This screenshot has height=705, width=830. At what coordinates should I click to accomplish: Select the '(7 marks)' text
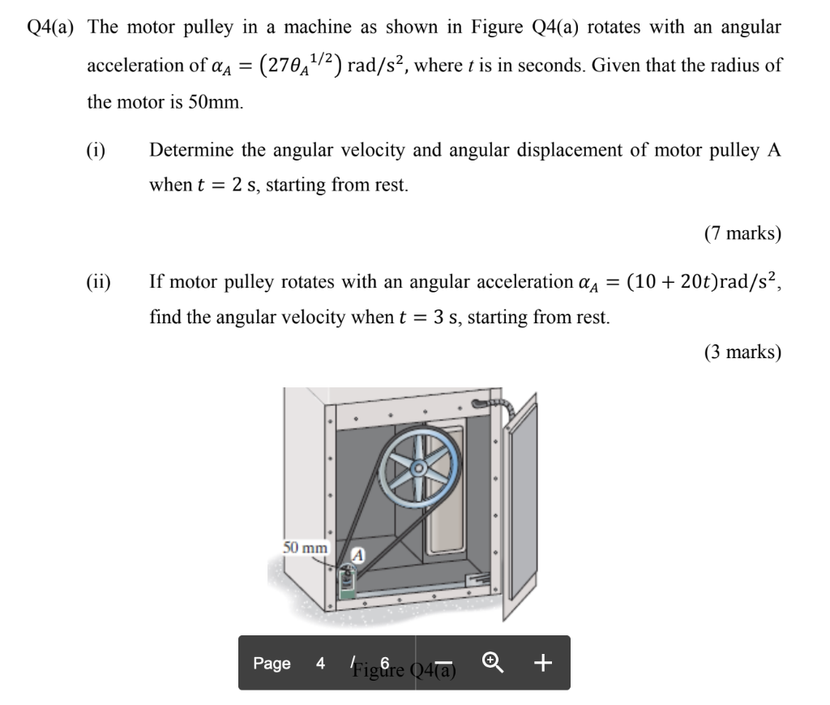click(742, 234)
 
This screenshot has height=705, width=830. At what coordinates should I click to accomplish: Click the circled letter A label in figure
click(358, 555)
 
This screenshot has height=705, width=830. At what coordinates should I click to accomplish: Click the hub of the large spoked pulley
click(419, 469)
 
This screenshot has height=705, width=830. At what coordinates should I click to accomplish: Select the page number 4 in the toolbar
click(321, 664)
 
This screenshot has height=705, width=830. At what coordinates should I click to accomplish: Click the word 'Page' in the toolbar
click(272, 664)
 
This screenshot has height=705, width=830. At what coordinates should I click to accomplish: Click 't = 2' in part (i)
click(221, 186)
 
